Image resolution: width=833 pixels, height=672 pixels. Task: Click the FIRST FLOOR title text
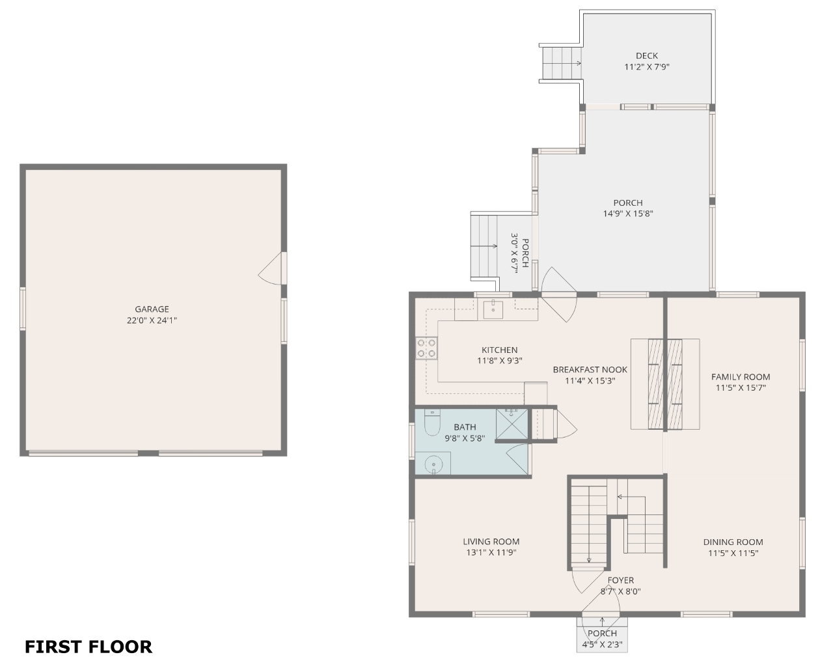point(89,647)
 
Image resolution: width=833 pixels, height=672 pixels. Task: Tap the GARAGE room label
point(152,309)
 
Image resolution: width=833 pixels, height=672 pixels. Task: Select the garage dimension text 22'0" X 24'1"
point(152,320)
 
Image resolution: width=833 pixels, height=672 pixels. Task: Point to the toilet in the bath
point(432,423)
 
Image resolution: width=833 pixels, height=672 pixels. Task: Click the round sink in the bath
point(433,464)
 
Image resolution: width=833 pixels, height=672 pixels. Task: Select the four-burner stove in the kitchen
point(426,348)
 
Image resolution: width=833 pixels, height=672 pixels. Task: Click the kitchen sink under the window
point(493,309)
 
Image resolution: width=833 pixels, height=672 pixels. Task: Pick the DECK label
point(647,56)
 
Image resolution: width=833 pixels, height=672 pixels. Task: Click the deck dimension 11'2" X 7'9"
point(647,66)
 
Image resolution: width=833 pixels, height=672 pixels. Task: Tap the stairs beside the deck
point(561,63)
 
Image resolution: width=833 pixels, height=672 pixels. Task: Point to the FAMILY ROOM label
point(741,377)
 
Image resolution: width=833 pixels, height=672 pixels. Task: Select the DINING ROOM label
point(733,542)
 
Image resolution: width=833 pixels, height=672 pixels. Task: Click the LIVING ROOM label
point(491,542)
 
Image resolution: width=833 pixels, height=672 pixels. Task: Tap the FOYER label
point(620,580)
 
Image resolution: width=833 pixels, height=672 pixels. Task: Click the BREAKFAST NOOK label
point(590,369)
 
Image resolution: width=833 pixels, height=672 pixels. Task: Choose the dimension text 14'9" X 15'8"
point(628,214)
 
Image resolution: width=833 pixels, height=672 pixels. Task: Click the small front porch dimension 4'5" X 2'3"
point(603,645)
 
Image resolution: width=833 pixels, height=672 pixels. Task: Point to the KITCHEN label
point(499,350)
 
